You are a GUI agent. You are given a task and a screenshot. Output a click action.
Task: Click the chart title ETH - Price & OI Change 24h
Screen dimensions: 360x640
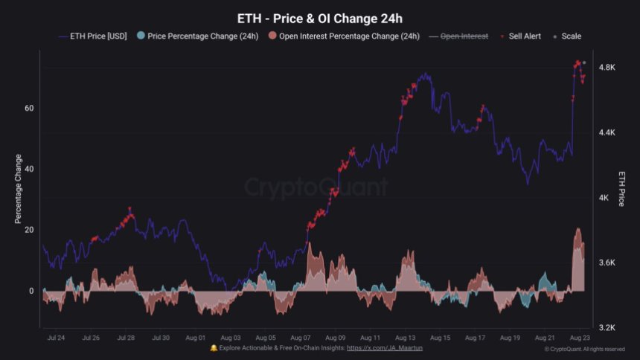[319, 17]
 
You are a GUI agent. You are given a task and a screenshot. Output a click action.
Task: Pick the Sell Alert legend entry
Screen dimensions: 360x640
[524, 36]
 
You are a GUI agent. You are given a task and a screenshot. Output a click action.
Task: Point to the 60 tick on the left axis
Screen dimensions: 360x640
[29, 108]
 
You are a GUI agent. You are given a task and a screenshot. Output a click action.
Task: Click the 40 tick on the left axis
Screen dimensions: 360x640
[29, 169]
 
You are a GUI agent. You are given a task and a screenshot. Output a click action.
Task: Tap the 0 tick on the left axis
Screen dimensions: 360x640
[31, 291]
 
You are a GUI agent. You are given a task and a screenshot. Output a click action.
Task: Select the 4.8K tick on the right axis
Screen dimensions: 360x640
[607, 68]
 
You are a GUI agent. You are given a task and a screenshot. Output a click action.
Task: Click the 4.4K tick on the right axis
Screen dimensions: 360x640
[607, 132]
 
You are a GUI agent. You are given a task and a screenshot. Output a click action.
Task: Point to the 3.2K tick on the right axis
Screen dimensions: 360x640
[607, 327]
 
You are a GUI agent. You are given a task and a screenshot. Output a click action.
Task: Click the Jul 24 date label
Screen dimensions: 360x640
[55, 338]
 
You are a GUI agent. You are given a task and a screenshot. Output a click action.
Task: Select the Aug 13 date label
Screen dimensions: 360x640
[406, 338]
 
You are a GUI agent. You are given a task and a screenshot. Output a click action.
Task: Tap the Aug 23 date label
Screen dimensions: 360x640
[581, 338]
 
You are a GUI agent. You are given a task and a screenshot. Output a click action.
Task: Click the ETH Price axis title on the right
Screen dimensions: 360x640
[622, 189]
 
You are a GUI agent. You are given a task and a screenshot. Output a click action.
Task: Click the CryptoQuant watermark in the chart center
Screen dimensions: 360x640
[316, 187]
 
